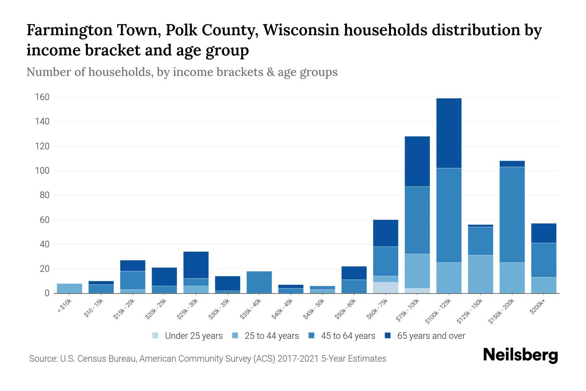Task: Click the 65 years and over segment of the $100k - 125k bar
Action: coord(449,133)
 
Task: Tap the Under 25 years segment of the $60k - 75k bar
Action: coord(385,287)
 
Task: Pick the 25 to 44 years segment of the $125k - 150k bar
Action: coord(480,274)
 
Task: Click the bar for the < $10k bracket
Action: coord(69,288)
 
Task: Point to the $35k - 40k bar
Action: coord(259,282)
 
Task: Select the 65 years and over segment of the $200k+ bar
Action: coord(543,233)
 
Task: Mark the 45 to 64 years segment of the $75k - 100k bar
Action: coord(417,220)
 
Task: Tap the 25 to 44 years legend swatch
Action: coord(235,336)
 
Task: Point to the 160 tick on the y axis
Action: coord(42,97)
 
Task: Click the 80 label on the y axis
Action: coord(45,195)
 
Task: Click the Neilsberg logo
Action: coord(520,355)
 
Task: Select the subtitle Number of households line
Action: coord(182,72)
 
